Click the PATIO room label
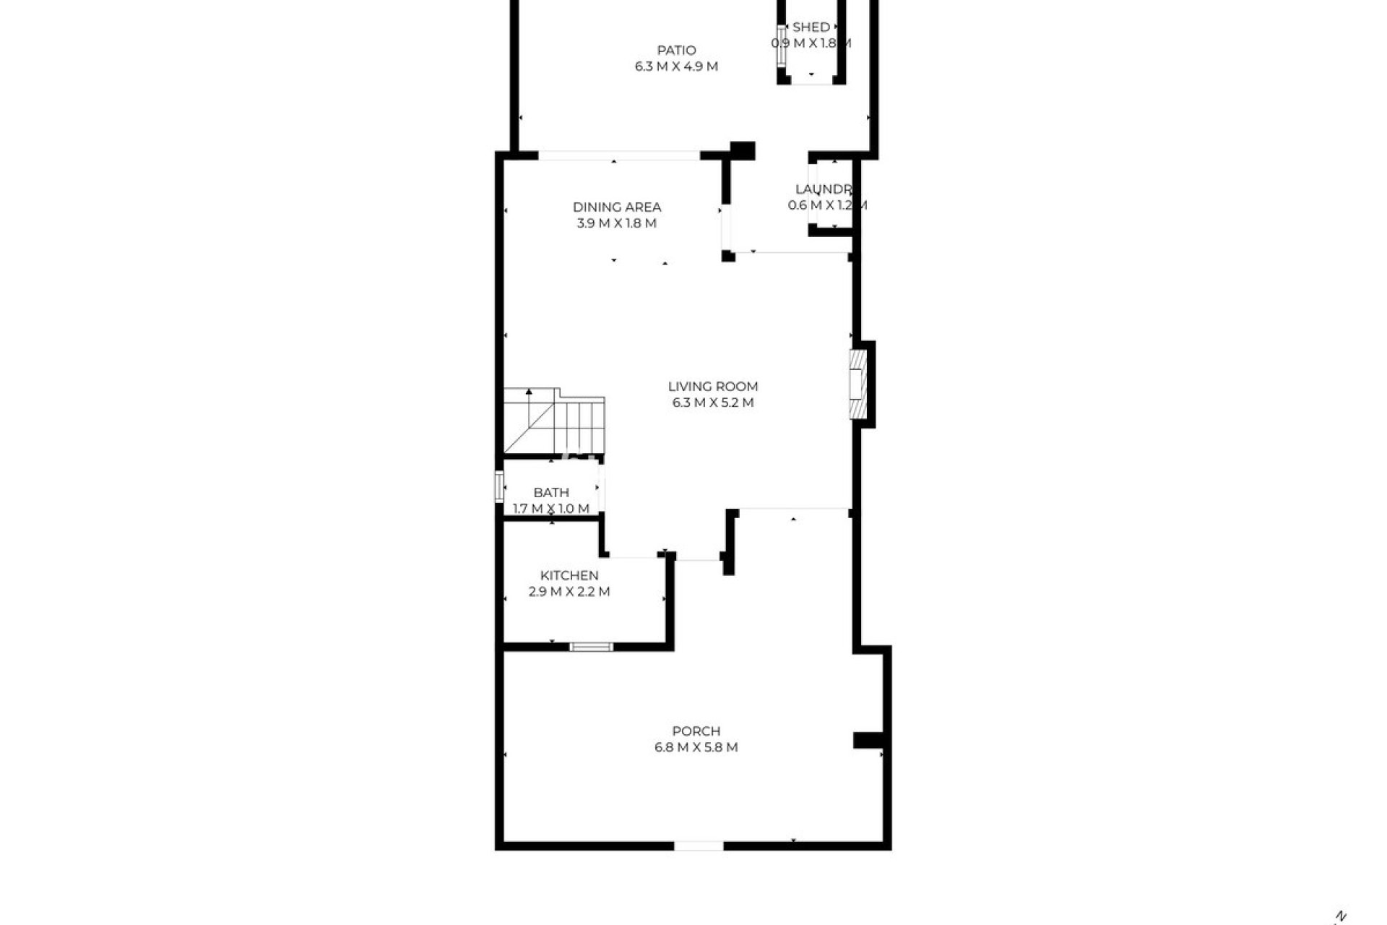pyautogui.click(x=676, y=51)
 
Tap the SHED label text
pyautogui.click(x=811, y=27)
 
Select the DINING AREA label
pyautogui.click(x=617, y=207)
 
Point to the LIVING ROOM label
pyautogui.click(x=712, y=387)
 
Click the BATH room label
pyautogui.click(x=551, y=493)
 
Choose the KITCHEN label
pyautogui.click(x=569, y=576)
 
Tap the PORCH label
pyautogui.click(x=696, y=731)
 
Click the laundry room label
pyautogui.click(x=824, y=189)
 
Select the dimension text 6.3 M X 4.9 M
pyautogui.click(x=676, y=66)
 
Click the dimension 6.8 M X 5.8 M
pyautogui.click(x=696, y=747)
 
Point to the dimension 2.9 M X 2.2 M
pyautogui.click(x=569, y=592)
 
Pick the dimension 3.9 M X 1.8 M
pyautogui.click(x=617, y=223)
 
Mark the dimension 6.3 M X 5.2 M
pyautogui.click(x=712, y=403)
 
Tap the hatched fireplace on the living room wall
pyautogui.click(x=857, y=384)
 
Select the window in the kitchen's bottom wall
pyautogui.click(x=591, y=647)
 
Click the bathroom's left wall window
pyautogui.click(x=498, y=486)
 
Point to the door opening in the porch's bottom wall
pyautogui.click(x=699, y=846)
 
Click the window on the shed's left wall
pyautogui.click(x=782, y=46)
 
